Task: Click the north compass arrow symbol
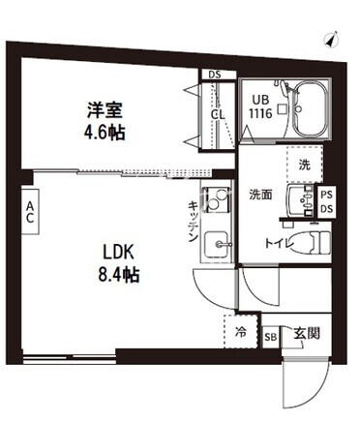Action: coord(331,39)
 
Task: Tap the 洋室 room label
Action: coord(105,109)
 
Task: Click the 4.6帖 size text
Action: coord(105,132)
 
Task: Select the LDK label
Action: coord(118,252)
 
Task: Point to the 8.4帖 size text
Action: coord(119,275)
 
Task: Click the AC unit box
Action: coord(30,211)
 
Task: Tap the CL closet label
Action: coord(218,114)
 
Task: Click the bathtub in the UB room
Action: coord(312,108)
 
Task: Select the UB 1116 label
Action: coord(260,106)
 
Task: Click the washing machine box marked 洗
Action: coord(305,165)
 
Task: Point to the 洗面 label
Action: coord(260,194)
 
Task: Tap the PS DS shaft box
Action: coord(327,202)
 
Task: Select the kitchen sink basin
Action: coord(217,244)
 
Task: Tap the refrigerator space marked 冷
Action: coord(241,332)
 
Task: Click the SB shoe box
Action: coord(271,337)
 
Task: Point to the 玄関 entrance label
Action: coord(307,333)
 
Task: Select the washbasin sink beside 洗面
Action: coord(299,200)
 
